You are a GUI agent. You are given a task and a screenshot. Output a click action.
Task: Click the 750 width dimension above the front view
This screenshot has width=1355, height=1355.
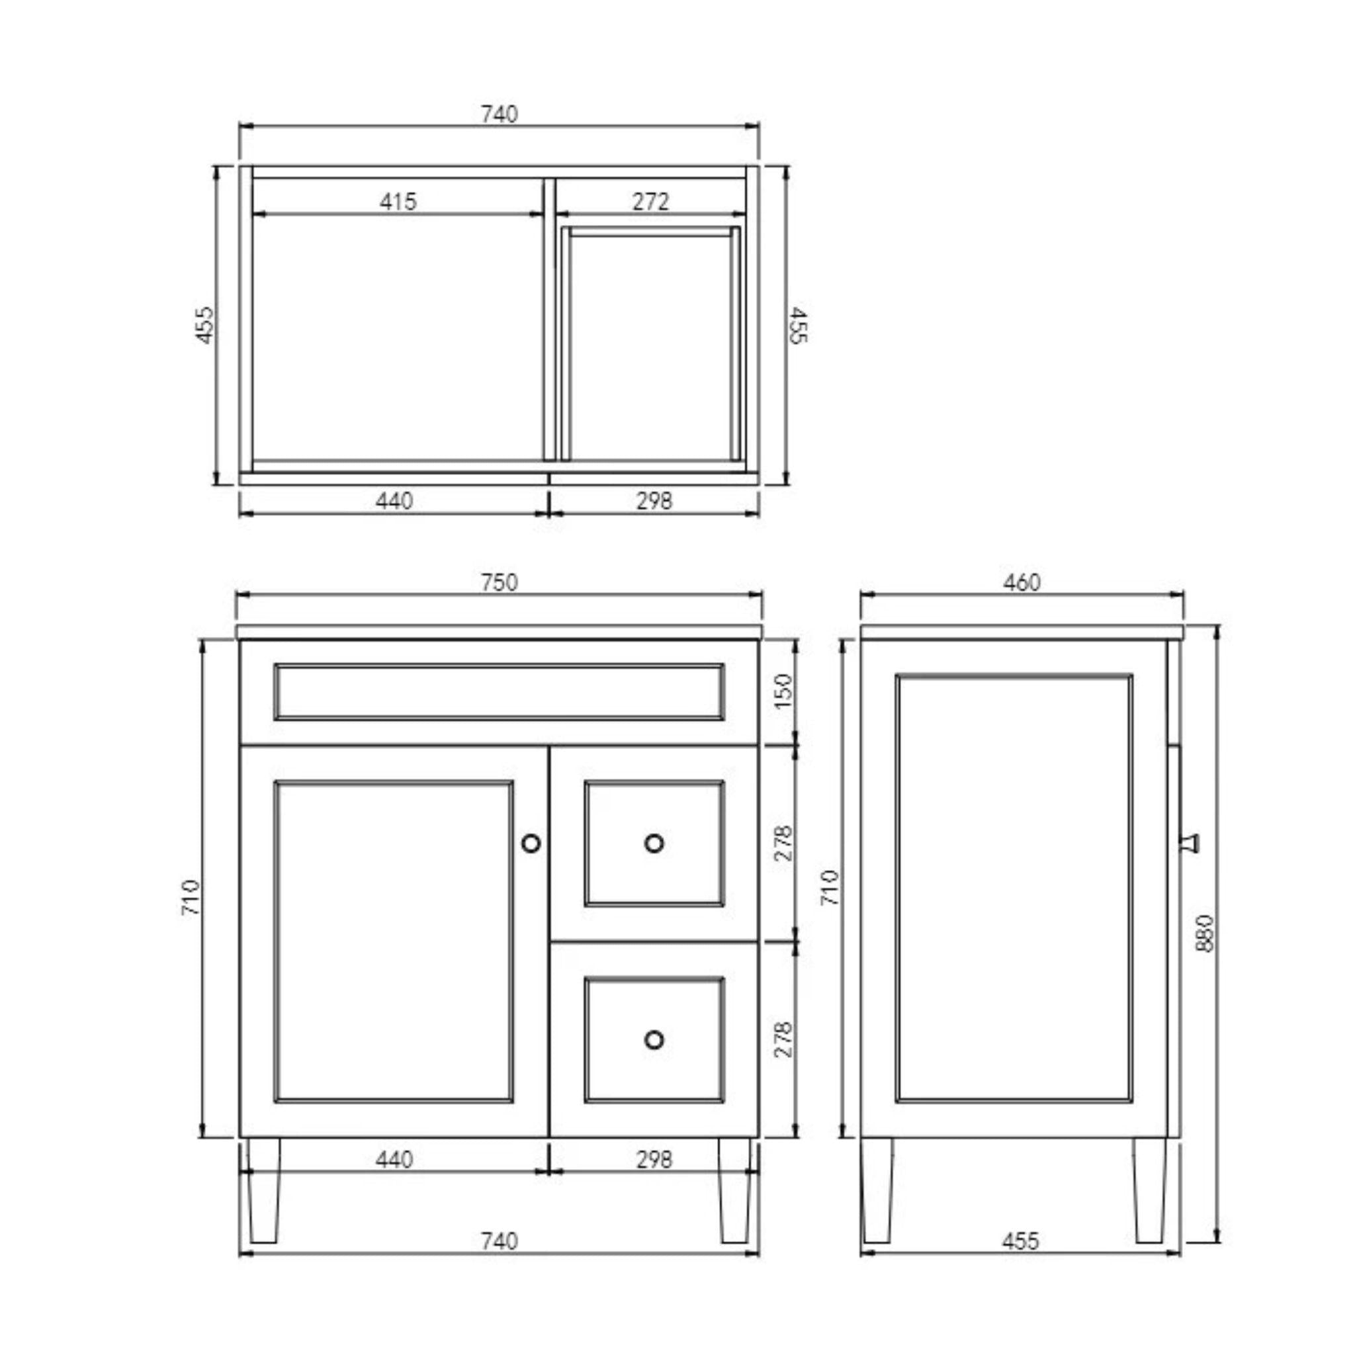click(x=499, y=582)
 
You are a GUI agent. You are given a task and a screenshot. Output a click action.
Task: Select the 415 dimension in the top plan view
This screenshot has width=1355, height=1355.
click(x=398, y=202)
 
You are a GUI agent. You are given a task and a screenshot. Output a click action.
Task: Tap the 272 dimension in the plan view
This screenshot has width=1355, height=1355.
click(x=650, y=202)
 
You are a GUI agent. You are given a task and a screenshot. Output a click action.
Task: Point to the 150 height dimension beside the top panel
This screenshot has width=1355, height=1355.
click(x=783, y=691)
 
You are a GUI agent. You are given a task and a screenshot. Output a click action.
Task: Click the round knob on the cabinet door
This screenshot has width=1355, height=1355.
click(x=531, y=843)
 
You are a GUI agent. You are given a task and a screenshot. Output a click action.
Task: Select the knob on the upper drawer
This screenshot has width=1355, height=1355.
click(x=654, y=843)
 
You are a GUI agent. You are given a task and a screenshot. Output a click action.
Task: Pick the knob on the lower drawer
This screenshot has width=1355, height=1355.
click(x=654, y=1039)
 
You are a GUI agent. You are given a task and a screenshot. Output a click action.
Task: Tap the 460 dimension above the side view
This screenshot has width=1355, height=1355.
click(x=1021, y=582)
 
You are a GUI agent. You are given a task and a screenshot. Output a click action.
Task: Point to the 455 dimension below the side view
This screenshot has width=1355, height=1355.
click(x=1020, y=1241)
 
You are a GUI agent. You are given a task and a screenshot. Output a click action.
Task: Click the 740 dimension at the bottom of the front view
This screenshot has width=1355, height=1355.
click(x=499, y=1241)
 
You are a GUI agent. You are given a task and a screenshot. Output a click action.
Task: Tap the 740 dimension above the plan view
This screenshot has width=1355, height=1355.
click(x=499, y=114)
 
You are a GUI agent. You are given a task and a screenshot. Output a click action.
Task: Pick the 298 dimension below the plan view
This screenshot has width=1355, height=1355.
click(x=654, y=501)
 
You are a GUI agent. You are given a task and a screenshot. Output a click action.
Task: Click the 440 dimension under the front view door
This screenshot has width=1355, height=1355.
click(x=394, y=1159)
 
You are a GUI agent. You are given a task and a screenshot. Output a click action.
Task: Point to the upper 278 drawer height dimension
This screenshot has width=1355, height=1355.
click(x=783, y=843)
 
